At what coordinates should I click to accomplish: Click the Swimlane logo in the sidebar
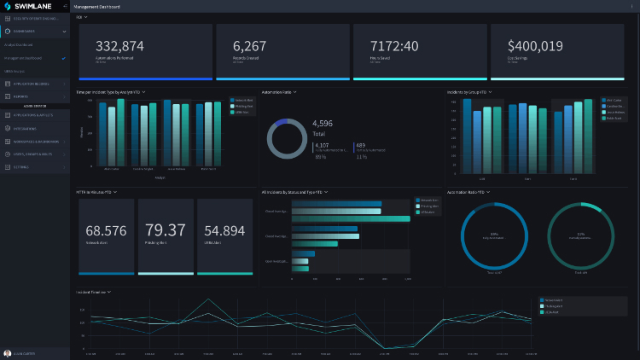click(x=26, y=6)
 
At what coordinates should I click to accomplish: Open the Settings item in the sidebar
click(x=22, y=167)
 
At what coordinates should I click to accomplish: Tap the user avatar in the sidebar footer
click(x=8, y=353)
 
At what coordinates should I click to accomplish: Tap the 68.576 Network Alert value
click(x=106, y=230)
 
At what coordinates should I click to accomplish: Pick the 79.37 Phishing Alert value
click(x=166, y=230)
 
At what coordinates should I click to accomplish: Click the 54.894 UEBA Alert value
click(x=224, y=230)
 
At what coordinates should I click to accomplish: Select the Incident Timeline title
click(x=91, y=292)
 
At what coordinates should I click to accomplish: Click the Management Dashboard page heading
click(x=97, y=6)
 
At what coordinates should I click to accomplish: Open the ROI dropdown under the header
click(x=82, y=17)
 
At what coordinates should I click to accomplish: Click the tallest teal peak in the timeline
click(x=210, y=300)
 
